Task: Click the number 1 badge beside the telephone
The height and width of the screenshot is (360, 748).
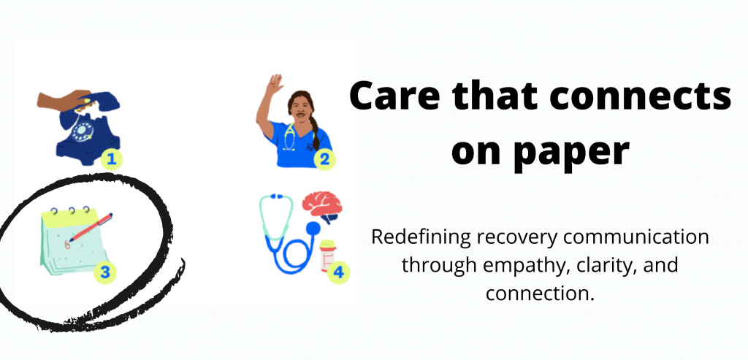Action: point(111,158)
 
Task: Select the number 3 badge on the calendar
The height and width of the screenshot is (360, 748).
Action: point(106,272)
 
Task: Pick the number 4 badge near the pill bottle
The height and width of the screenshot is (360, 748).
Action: point(338,273)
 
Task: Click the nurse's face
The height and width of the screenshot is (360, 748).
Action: point(300,110)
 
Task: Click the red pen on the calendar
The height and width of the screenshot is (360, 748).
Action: point(91,227)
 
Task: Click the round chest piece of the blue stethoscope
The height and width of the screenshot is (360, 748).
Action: point(313,229)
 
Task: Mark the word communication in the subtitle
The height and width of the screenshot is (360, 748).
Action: point(630,238)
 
